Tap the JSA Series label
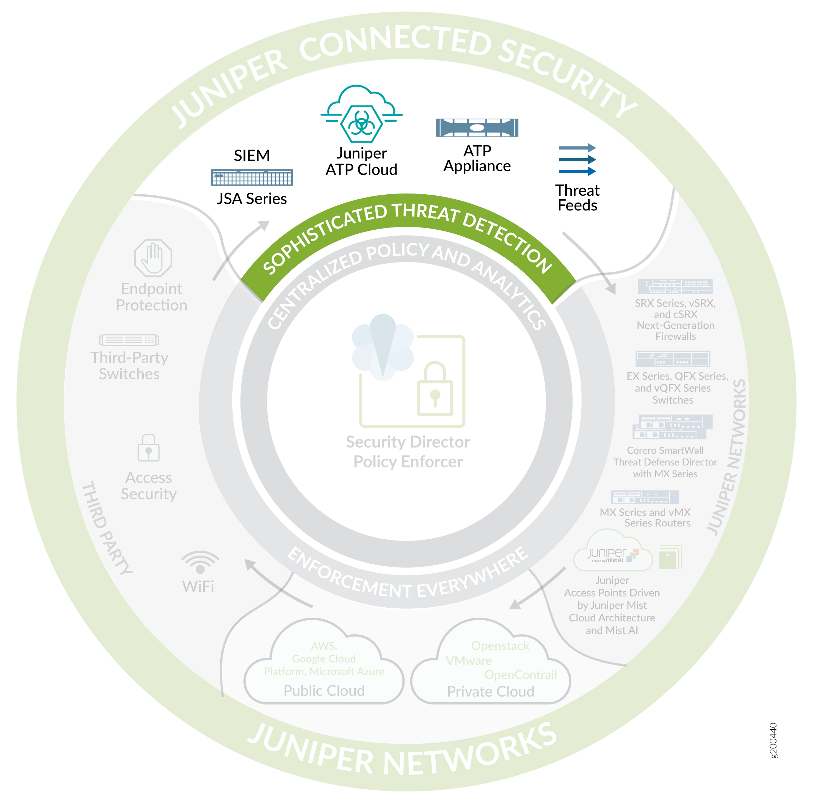[x=252, y=199]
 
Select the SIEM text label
[x=252, y=156]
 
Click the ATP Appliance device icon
[x=477, y=127]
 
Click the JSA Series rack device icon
[x=252, y=178]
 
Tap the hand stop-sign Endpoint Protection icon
[x=153, y=257]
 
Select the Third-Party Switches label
[x=129, y=365]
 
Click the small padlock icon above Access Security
[x=148, y=448]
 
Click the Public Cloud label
[x=324, y=691]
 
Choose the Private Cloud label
[x=491, y=691]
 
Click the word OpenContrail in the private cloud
[x=520, y=675]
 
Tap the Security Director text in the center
[x=407, y=442]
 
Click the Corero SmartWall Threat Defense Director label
[x=665, y=462]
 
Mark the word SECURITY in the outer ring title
[x=568, y=76]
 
